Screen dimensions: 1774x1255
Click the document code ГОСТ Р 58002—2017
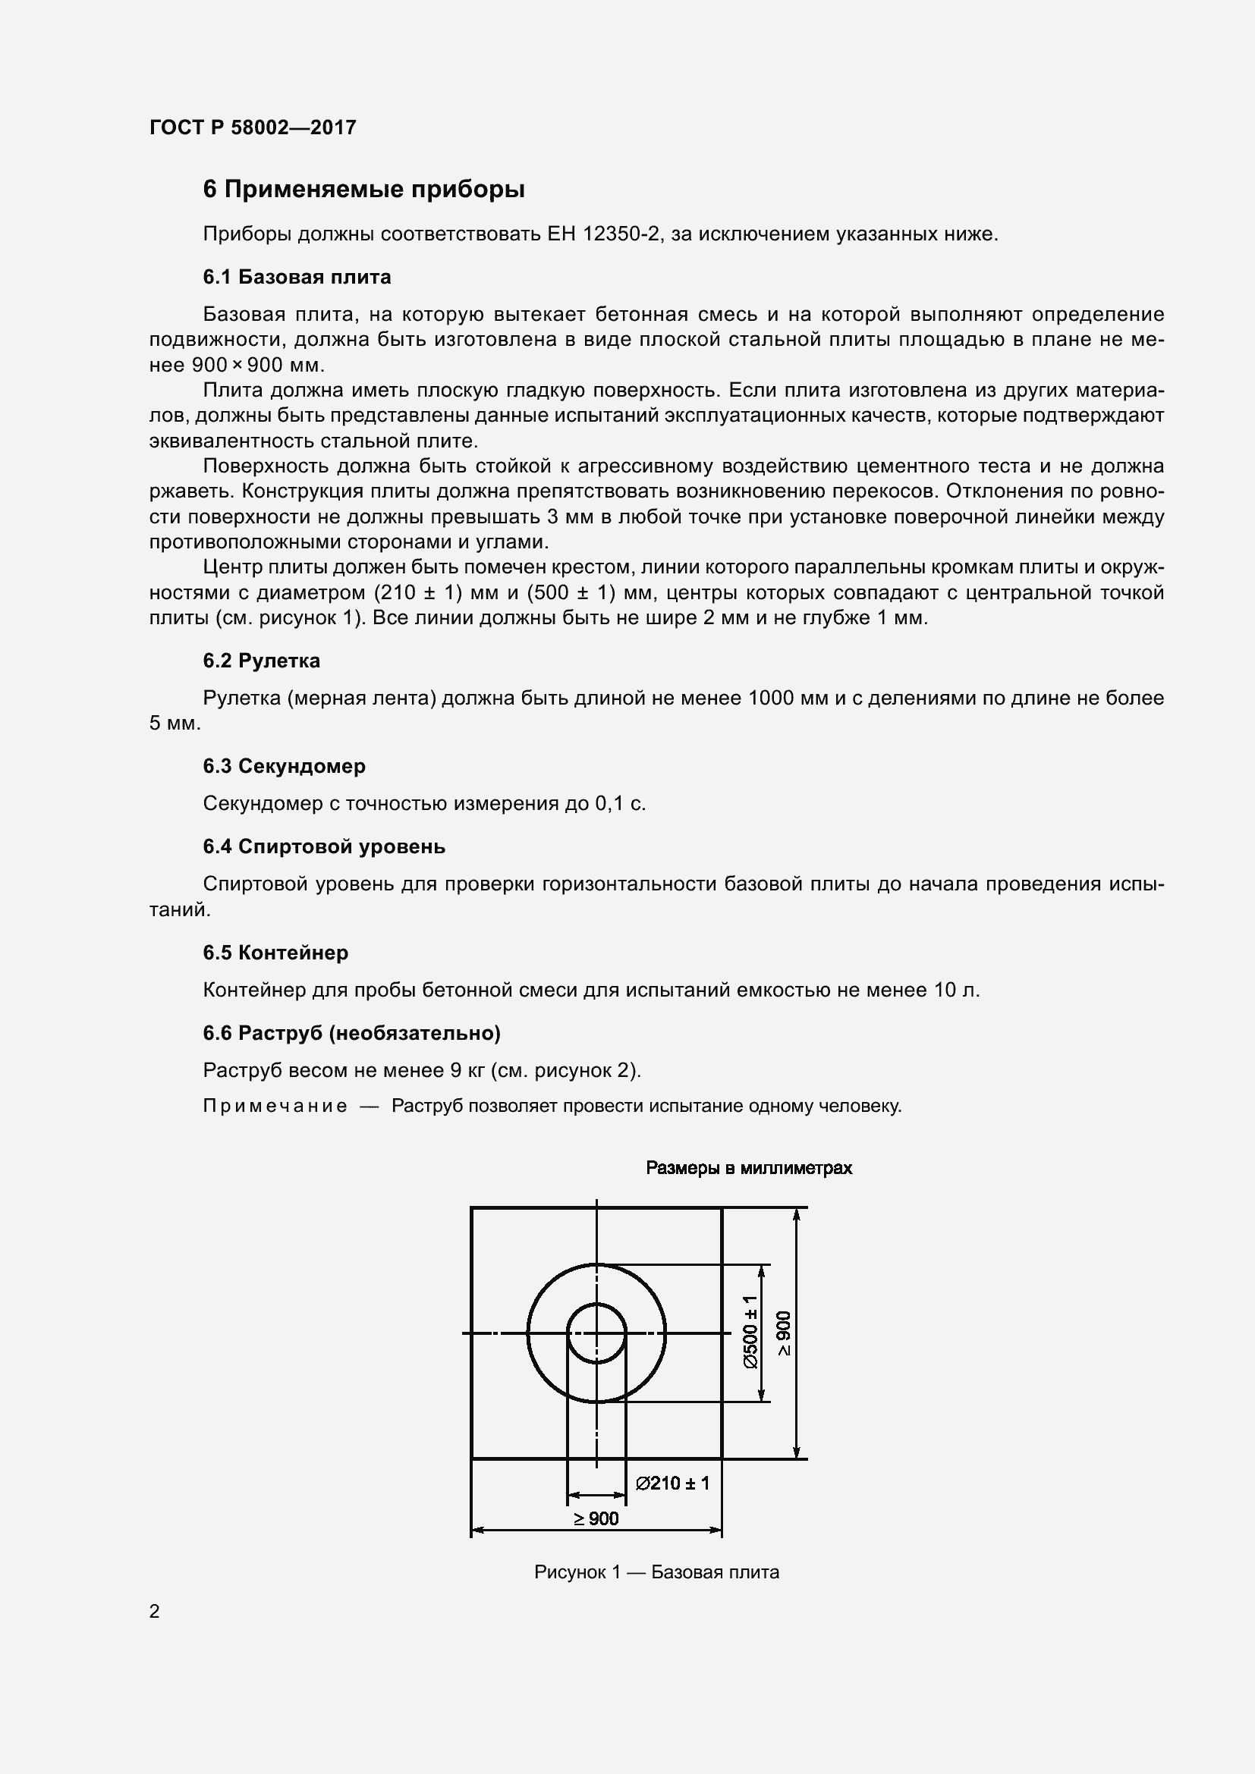[253, 127]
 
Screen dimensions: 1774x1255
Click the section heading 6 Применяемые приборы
[363, 190]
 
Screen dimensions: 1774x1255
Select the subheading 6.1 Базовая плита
[297, 277]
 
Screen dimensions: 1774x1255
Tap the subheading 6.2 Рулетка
[261, 661]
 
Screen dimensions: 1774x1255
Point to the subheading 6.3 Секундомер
[284, 766]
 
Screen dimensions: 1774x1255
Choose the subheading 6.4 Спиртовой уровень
[324, 847]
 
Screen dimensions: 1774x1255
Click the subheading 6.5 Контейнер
[275, 953]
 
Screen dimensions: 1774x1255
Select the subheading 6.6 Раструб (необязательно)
[351, 1033]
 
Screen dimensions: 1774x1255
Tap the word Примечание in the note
[275, 1107]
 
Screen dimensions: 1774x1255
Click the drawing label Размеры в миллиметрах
[748, 1168]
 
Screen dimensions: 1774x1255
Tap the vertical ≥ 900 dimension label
[784, 1333]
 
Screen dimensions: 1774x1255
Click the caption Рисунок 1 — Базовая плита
[656, 1572]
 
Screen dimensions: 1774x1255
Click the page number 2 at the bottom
[155, 1612]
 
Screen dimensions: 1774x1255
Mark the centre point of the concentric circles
[596, 1333]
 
